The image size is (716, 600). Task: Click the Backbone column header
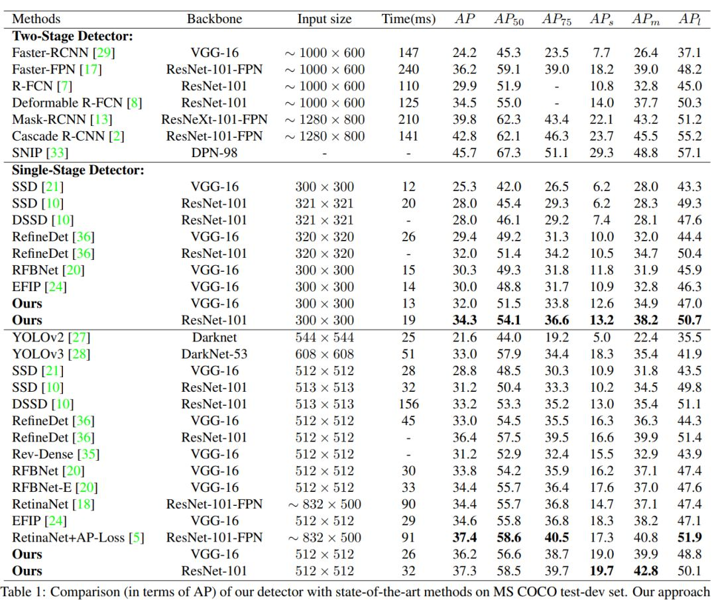(215, 18)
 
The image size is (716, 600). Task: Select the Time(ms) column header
(408, 18)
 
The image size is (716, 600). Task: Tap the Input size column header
(325, 18)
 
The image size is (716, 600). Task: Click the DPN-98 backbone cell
(215, 152)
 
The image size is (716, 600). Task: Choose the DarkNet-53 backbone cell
(215, 354)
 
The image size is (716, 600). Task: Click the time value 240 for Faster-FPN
(408, 69)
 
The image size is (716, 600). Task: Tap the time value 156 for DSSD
(408, 404)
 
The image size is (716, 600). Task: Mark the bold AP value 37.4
(464, 538)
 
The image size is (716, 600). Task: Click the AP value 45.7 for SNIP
(464, 152)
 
